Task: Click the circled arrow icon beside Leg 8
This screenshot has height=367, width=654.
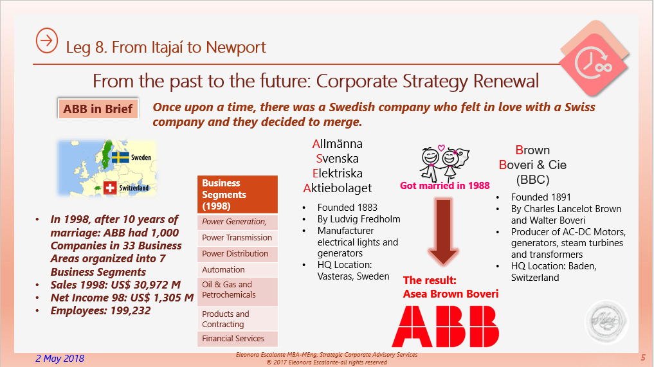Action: pyautogui.click(x=46, y=40)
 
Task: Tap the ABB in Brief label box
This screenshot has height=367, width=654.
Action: pyautogui.click(x=98, y=109)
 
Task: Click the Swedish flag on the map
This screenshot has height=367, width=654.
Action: pyautogui.click(x=120, y=157)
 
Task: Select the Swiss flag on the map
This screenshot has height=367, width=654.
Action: pyautogui.click(x=110, y=188)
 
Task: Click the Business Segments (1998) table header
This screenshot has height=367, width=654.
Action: pyautogui.click(x=237, y=194)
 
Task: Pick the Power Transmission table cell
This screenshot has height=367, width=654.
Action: pyautogui.click(x=237, y=238)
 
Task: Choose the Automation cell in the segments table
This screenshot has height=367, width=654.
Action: pyautogui.click(x=237, y=270)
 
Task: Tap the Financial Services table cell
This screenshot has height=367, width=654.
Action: pyautogui.click(x=237, y=339)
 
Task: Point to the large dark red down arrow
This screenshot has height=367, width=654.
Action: pyautogui.click(x=443, y=232)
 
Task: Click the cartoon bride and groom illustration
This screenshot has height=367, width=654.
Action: pyautogui.click(x=444, y=163)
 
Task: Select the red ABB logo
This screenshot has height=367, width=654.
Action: pyautogui.click(x=446, y=326)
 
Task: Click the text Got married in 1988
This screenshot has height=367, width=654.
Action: pyautogui.click(x=444, y=186)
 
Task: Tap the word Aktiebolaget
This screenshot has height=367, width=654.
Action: pyautogui.click(x=338, y=188)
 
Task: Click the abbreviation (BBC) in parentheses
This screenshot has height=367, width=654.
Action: pyautogui.click(x=532, y=180)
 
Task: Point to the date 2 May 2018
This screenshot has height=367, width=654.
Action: pyautogui.click(x=60, y=358)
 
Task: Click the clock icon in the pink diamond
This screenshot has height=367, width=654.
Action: pyautogui.click(x=593, y=64)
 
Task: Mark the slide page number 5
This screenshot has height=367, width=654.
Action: pyautogui.click(x=643, y=357)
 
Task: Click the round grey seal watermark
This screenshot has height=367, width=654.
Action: pyautogui.click(x=606, y=321)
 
